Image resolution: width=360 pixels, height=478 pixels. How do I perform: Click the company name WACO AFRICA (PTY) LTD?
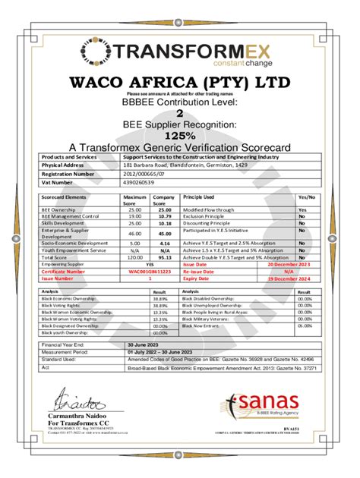click(180, 83)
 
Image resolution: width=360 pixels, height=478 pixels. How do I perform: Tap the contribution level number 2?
click(180, 112)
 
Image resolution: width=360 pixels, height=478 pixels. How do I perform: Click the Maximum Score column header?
click(134, 200)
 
